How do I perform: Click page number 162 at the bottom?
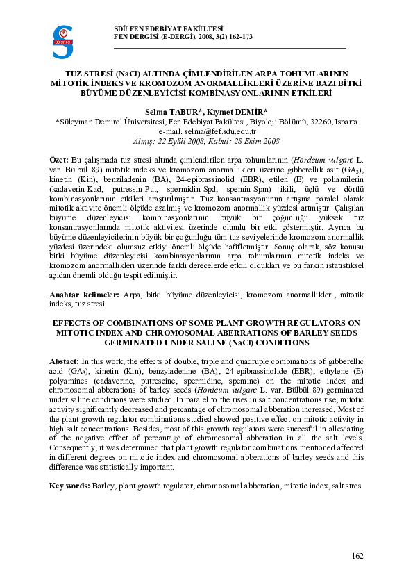pyautogui.click(x=357, y=555)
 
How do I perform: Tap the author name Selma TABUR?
pyautogui.click(x=172, y=111)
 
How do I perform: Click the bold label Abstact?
pyautogui.click(x=65, y=361)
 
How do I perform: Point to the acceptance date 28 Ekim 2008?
pyautogui.click(x=257, y=140)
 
